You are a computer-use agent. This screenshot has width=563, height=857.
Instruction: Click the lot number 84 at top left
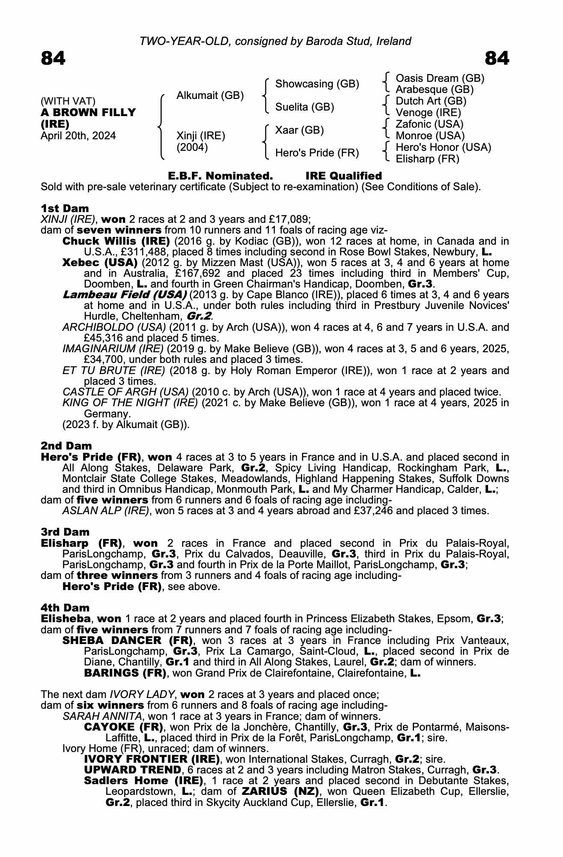53,58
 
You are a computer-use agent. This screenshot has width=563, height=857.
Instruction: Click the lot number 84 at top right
497,58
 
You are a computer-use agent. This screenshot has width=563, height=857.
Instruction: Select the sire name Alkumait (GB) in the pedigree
210,95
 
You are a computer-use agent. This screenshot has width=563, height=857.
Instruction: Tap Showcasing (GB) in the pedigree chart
317,84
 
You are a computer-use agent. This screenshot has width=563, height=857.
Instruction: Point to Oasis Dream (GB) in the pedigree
440,78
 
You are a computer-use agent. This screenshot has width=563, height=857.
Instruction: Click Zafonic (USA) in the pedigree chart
429,124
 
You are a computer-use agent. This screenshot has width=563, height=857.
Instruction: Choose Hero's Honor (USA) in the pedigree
443,147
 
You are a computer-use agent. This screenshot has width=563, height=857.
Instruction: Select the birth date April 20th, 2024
78,136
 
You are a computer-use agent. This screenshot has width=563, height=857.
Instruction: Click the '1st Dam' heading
65,208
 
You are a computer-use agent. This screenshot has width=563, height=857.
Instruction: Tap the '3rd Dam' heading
65,532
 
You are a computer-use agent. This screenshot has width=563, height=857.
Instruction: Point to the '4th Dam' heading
65,608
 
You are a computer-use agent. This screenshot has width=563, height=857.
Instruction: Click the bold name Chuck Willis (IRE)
116,241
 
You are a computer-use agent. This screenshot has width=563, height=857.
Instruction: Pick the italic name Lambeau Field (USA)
125,295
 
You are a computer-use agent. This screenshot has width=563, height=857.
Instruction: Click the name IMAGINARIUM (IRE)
113,349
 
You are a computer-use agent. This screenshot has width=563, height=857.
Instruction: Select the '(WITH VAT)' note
68,101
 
